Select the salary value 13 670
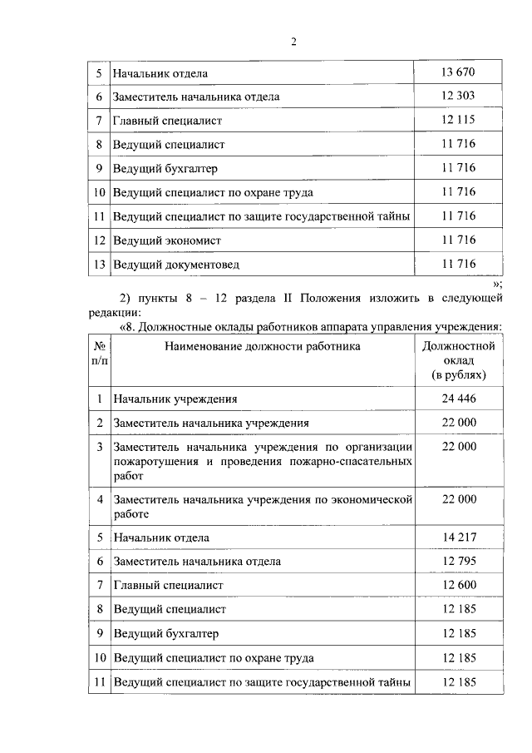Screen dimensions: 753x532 [459, 72]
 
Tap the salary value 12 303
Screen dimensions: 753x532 [459, 97]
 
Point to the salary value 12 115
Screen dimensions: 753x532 [459, 121]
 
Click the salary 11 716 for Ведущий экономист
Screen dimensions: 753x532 [459, 240]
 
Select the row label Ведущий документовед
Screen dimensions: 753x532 [176, 265]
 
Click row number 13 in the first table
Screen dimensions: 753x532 [99, 265]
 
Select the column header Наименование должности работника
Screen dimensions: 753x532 [262, 346]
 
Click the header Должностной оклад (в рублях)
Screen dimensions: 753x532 [459, 360]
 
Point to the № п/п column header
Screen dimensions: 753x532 [99, 353]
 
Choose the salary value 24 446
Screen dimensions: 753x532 [459, 399]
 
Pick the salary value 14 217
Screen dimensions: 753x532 [459, 538]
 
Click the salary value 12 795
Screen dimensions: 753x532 [459, 562]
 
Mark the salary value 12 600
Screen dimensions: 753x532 [459, 586]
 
